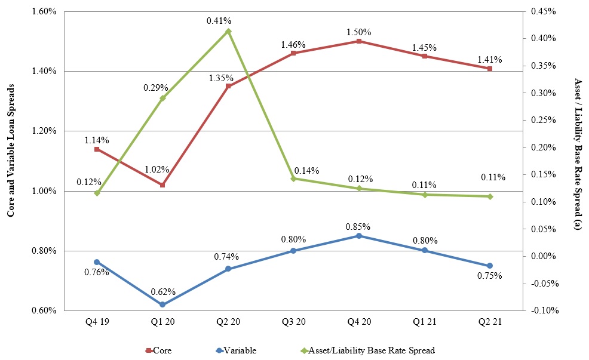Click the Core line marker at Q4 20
(359, 41)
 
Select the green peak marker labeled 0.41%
(228, 31)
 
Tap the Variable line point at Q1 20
(162, 304)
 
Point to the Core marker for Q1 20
(162, 185)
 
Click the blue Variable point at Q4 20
(359, 236)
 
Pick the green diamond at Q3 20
(293, 179)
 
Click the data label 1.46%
(293, 45)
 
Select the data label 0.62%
(162, 292)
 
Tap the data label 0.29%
(154, 87)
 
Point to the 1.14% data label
(97, 140)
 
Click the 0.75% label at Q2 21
(489, 276)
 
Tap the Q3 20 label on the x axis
(293, 322)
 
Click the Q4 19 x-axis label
(97, 322)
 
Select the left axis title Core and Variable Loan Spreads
(11, 161)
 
